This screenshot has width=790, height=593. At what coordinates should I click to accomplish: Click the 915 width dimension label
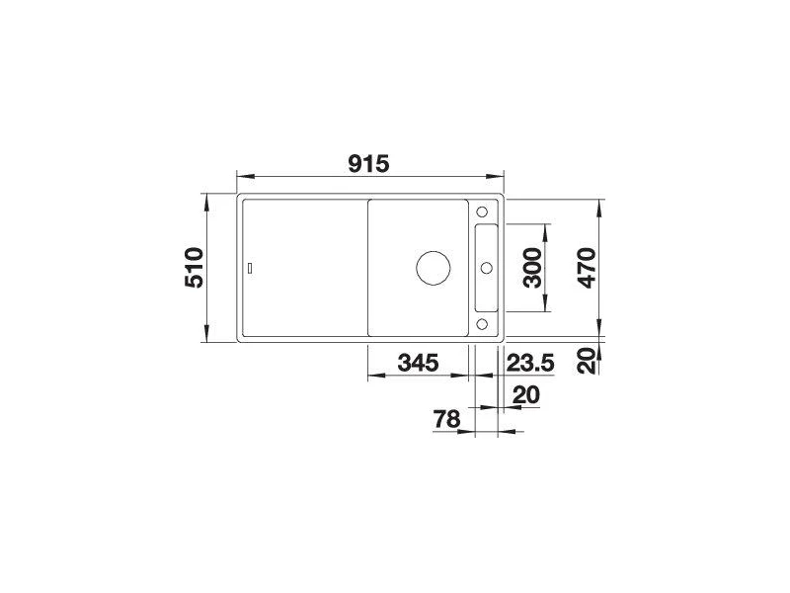368,164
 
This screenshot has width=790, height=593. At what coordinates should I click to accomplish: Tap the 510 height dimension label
195,268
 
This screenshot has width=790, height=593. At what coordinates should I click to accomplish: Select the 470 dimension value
587,268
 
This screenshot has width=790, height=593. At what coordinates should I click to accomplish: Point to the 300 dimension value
532,268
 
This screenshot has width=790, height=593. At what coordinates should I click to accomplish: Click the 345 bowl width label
418,363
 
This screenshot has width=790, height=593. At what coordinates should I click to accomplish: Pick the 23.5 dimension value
530,363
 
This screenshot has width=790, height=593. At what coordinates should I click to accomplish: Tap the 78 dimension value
447,419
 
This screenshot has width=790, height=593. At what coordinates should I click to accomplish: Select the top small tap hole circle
482,212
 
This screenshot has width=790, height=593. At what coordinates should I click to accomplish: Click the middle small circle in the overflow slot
487,268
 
